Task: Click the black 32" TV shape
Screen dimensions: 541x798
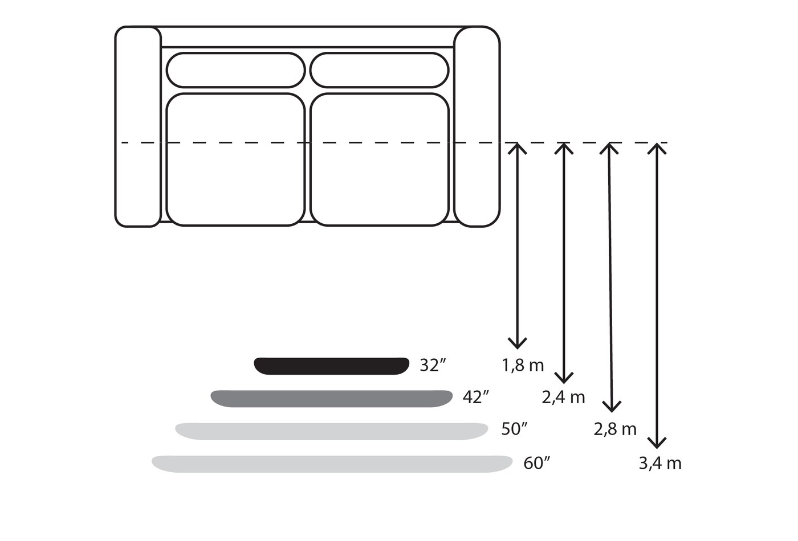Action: [332, 366]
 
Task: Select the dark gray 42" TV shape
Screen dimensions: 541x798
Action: [332, 399]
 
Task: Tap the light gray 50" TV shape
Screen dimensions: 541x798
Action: [332, 431]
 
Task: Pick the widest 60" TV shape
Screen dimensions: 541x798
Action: [332, 464]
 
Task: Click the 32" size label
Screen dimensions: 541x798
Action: [432, 365]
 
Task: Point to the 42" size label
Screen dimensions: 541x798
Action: [476, 397]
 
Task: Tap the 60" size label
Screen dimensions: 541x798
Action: [536, 464]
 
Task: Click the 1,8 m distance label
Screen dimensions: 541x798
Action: [523, 365]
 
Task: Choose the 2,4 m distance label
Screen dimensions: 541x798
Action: [563, 397]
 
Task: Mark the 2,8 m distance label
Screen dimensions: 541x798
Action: [614, 429]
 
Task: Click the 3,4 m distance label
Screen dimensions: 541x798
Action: [659, 464]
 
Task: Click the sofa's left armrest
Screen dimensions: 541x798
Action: [138, 126]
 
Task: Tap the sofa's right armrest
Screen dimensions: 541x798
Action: [477, 126]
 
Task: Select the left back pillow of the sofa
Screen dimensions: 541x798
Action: [235, 70]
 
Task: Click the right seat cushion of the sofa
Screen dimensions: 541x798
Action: [380, 159]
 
